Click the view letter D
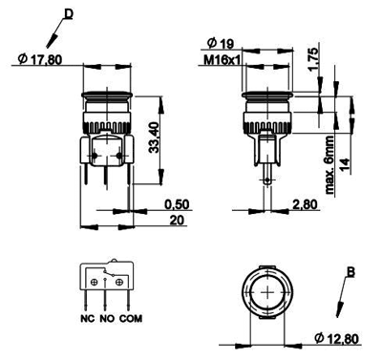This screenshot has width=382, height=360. pyautogui.click(x=69, y=13)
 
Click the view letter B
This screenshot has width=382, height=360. pyautogui.click(x=350, y=272)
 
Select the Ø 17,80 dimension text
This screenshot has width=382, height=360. pyautogui.click(x=40, y=59)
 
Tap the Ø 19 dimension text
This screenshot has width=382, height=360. pyautogui.click(x=221, y=44)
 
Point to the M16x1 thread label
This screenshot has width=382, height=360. pyautogui.click(x=222, y=60)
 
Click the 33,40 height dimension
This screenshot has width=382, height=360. pyautogui.click(x=155, y=138)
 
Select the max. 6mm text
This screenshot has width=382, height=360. pyautogui.click(x=329, y=164)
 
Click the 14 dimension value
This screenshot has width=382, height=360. pyautogui.click(x=345, y=165)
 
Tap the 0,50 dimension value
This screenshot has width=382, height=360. pyautogui.click(x=177, y=204)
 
